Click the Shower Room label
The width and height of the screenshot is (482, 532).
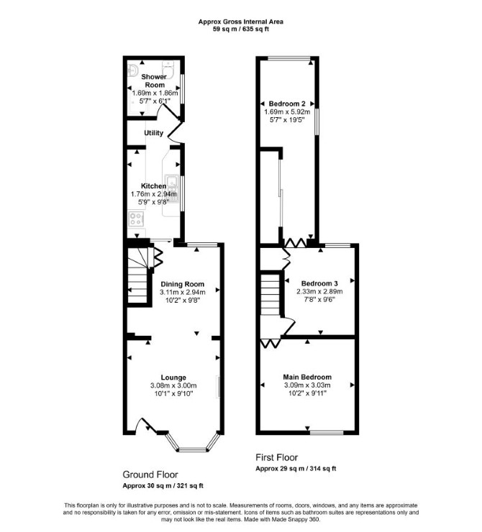154,81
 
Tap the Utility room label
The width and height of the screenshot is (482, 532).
154,133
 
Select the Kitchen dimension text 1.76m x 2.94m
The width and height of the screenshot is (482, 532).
154,194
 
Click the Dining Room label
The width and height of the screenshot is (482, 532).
183,284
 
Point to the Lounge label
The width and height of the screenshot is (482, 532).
173,377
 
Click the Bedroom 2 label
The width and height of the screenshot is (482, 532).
287,104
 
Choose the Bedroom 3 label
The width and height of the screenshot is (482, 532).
319,283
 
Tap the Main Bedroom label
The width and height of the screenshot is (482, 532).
307,377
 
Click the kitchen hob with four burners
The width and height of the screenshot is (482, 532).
136,219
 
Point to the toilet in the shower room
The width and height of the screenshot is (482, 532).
168,69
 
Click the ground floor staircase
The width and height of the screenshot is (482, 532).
138,275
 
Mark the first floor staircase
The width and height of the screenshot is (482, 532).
270,295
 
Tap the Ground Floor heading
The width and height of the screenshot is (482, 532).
150,474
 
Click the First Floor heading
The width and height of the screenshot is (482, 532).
277,457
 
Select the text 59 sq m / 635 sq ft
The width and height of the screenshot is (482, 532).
241,29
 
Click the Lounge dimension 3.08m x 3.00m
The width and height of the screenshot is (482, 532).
173,385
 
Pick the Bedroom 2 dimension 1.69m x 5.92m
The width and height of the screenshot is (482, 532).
287,111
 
